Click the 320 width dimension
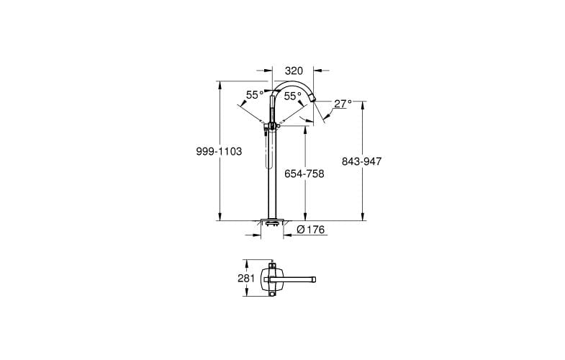click(x=293, y=71)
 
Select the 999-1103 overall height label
click(x=218, y=152)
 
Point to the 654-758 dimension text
click(x=305, y=174)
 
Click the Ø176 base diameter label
click(x=312, y=230)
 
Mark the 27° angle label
click(x=343, y=104)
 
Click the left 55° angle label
click(x=255, y=95)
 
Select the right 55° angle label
click(x=292, y=96)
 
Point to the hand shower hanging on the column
click(x=271, y=151)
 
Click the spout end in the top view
click(x=316, y=278)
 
